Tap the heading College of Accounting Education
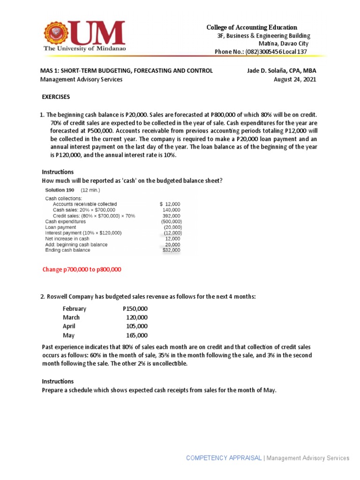pyautogui.click(x=252, y=28)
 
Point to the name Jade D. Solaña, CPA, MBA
pyautogui.click(x=281, y=71)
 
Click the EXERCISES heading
pyautogui.click(x=56, y=97)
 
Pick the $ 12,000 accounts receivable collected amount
pyautogui.click(x=170, y=204)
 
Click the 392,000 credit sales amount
pyautogui.click(x=171, y=216)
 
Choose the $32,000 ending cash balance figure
pyautogui.click(x=172, y=250)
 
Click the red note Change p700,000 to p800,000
pyautogui.click(x=82, y=270)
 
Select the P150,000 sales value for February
pyautogui.click(x=135, y=308)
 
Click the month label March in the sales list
pyautogui.click(x=71, y=317)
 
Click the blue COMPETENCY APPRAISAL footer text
pyautogui.click(x=224, y=458)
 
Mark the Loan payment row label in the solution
pyautogui.click(x=61, y=227)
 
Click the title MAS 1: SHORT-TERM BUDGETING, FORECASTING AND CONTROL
pyautogui.click(x=127, y=71)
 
